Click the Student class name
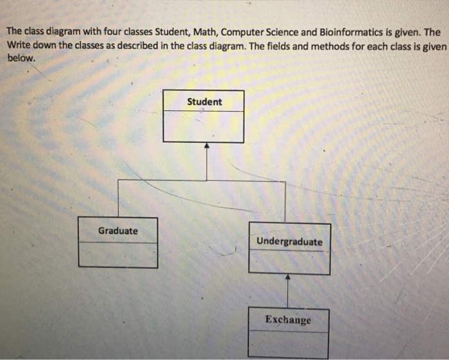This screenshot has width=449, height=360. point(205,101)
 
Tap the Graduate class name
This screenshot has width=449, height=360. point(117,230)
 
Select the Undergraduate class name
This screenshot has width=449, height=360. point(289,242)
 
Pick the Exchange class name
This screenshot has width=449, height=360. point(288,320)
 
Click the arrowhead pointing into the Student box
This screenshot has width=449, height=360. point(206,146)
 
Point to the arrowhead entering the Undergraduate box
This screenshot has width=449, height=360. point(288,278)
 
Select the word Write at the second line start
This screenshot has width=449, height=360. point(19,45)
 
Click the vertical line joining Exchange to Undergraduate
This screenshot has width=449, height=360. point(288,294)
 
